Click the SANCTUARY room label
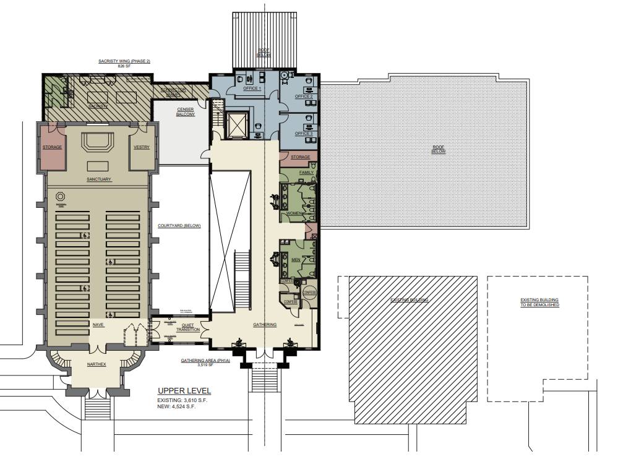(98, 179)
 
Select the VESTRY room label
(142, 147)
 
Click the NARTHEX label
(96, 364)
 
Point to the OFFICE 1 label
(252, 88)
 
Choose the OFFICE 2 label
(303, 97)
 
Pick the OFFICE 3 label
(303, 134)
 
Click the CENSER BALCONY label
(186, 112)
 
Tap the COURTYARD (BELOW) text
(179, 226)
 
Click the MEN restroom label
(296, 260)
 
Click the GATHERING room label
(264, 324)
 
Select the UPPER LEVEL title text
(184, 391)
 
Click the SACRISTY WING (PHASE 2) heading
(124, 61)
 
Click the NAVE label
(98, 324)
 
